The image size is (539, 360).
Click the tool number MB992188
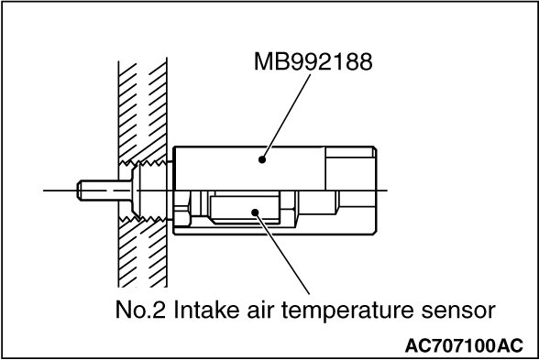point(313,61)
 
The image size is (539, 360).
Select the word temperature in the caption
point(347,311)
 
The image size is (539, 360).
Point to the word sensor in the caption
point(458,311)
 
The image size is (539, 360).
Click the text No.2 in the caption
point(140,310)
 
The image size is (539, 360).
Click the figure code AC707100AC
point(464,345)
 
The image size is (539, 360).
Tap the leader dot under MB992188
point(262,159)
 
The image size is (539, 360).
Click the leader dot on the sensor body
point(255,213)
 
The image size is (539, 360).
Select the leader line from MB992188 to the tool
point(286,117)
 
